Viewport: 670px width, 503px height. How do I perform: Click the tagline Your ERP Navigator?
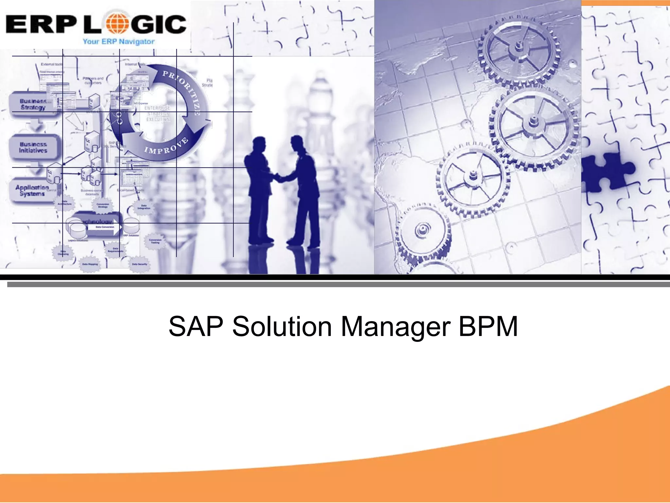[118, 42]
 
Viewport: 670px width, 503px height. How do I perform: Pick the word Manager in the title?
[396, 326]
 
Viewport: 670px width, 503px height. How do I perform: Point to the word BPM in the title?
[488, 326]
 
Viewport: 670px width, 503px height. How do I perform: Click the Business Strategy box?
[33, 104]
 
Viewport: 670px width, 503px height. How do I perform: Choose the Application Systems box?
[32, 191]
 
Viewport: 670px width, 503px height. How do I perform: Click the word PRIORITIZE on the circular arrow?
[183, 88]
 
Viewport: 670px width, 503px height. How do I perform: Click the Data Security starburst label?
[140, 264]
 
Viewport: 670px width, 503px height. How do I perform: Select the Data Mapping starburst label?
[90, 264]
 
